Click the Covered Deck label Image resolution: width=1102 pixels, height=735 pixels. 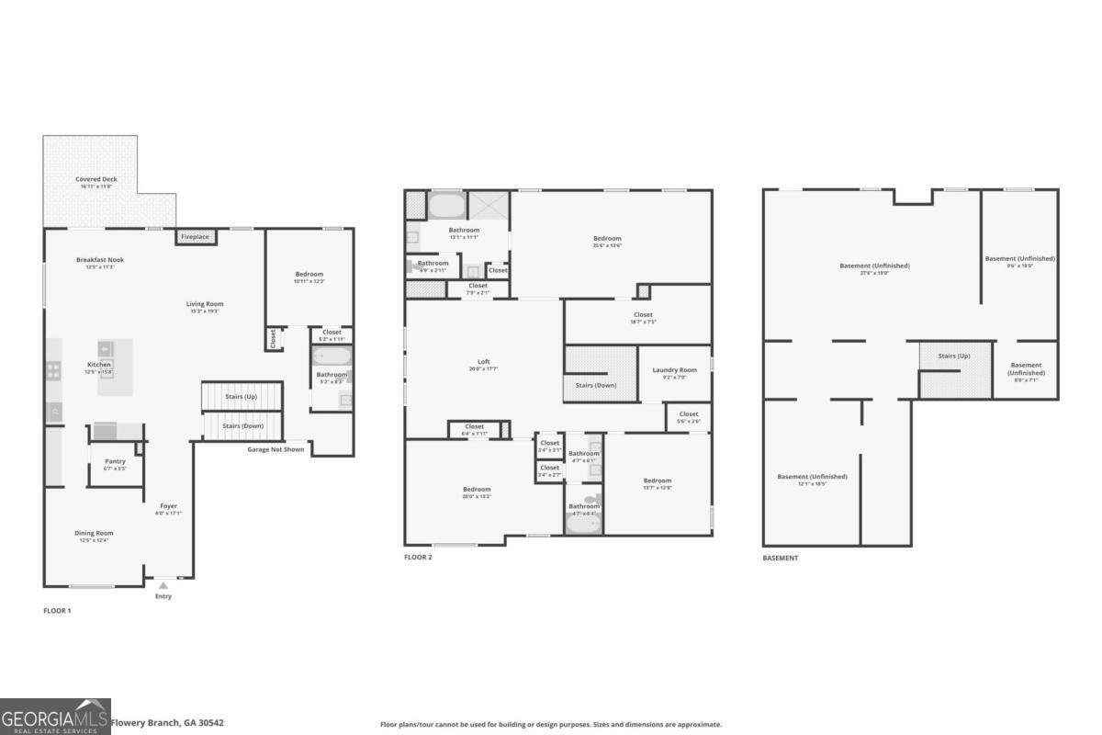click(x=96, y=179)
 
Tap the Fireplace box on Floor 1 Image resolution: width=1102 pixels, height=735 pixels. click(x=195, y=237)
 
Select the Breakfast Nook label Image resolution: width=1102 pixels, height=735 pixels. click(x=100, y=260)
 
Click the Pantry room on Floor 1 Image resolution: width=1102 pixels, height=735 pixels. click(x=115, y=462)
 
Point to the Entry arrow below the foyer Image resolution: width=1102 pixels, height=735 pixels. click(x=163, y=585)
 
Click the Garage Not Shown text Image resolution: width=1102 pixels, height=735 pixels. click(x=275, y=449)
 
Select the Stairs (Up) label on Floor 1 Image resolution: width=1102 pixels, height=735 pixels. click(x=242, y=396)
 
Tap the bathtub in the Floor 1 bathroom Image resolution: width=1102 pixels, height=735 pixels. click(x=327, y=356)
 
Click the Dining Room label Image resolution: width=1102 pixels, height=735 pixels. click(x=94, y=533)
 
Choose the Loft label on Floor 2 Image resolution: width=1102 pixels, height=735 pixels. click(x=483, y=361)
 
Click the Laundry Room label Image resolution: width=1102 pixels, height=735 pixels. click(x=675, y=370)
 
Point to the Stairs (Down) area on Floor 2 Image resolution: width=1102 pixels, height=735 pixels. click(x=597, y=384)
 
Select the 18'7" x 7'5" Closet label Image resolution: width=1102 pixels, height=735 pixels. click(x=643, y=315)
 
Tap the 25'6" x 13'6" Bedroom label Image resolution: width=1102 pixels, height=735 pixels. click(x=607, y=239)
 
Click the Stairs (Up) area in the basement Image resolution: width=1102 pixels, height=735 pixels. click(x=954, y=356)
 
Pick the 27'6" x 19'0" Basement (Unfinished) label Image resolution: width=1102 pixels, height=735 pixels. click(x=874, y=266)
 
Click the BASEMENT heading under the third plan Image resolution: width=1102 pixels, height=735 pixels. click(x=780, y=558)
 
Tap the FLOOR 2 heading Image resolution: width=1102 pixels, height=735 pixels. click(x=418, y=558)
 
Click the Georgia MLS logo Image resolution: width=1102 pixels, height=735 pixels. click(x=55, y=717)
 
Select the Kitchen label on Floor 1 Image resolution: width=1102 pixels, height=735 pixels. click(x=99, y=365)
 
